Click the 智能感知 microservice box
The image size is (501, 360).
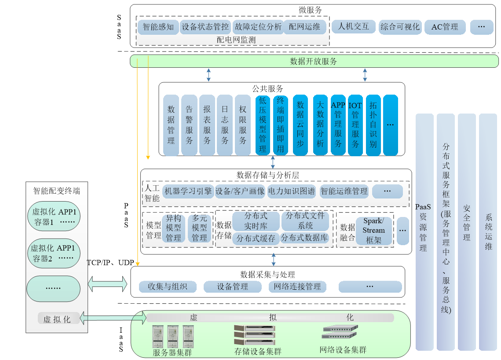(x=158, y=27)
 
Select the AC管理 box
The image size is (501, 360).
(x=444, y=27)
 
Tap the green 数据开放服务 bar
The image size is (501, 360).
(x=314, y=61)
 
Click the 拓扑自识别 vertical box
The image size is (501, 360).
(x=373, y=125)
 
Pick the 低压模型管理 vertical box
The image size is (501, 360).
(x=263, y=125)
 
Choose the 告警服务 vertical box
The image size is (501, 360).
(x=189, y=125)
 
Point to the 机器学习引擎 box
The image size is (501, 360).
(x=188, y=191)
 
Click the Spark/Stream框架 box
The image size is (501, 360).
(x=373, y=231)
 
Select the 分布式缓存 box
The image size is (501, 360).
(x=256, y=239)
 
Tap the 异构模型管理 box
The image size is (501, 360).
(x=173, y=228)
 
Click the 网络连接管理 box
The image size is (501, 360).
(x=298, y=287)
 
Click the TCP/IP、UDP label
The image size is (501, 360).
(x=110, y=262)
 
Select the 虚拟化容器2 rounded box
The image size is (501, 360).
(x=54, y=253)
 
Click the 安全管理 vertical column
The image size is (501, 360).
(x=467, y=232)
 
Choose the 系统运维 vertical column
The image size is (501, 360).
(x=488, y=232)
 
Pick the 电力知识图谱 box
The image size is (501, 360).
(x=292, y=191)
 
